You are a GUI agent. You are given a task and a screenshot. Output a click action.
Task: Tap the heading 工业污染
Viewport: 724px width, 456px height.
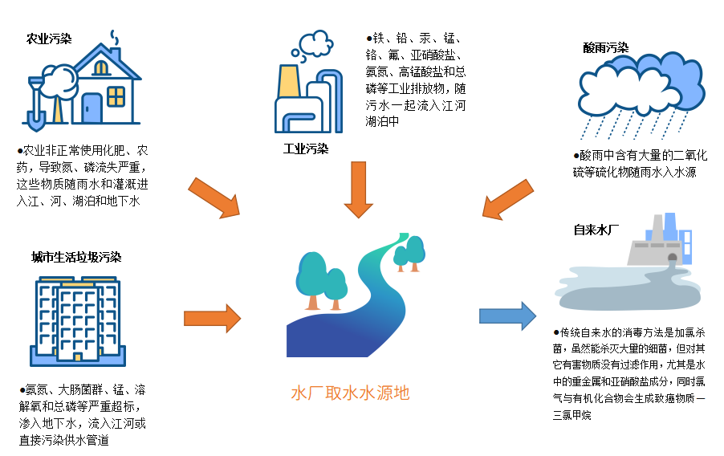click(x=306, y=149)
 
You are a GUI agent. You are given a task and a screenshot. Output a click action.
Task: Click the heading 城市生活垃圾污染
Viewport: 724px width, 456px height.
click(x=76, y=257)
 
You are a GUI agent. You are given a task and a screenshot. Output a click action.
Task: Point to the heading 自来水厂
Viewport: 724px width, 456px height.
click(x=596, y=230)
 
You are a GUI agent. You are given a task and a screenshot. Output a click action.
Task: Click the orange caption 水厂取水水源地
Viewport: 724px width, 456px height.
click(x=350, y=393)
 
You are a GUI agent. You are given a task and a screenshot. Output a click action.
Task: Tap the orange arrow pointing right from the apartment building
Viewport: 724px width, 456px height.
click(x=212, y=318)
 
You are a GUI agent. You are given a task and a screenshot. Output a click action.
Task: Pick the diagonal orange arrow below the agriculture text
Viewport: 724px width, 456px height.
click(x=214, y=198)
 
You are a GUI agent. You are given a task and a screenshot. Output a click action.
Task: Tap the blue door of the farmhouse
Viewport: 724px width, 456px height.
click(x=92, y=108)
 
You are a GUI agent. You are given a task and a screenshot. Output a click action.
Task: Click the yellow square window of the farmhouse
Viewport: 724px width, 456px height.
click(x=116, y=96)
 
